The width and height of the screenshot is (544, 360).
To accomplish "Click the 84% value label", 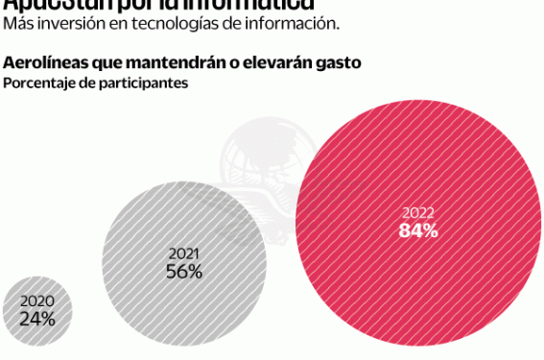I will [418, 230].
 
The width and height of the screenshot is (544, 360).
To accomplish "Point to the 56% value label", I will [184, 272].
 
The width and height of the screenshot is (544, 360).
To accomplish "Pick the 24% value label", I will [36, 319].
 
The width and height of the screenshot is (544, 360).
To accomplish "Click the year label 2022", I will [418, 213].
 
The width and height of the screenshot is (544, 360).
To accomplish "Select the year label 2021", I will [184, 253].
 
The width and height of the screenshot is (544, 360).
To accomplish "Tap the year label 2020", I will [36, 301].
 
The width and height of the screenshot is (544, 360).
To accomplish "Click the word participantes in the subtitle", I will [145, 83].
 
